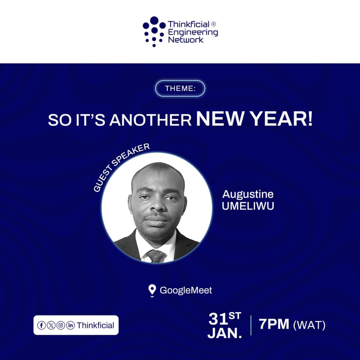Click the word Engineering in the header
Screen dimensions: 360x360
point(193,32)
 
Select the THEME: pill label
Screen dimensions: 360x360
point(180,88)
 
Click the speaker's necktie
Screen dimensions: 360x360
point(154,256)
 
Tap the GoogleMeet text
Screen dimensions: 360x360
point(186,290)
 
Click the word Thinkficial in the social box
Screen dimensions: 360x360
point(95,325)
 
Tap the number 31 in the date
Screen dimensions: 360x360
point(218,319)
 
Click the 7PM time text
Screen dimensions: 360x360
point(274,324)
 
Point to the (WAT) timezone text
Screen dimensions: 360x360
point(309,324)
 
